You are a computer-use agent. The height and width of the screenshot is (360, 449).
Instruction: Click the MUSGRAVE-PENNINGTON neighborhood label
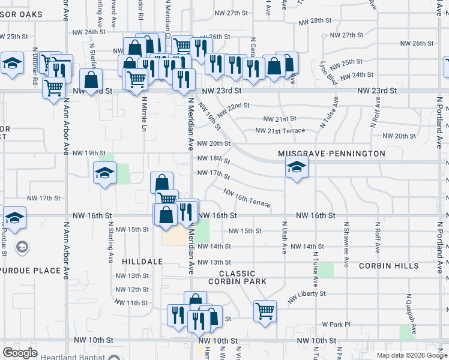coord(331,154)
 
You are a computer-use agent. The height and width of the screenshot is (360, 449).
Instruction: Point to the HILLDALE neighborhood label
coord(142,262)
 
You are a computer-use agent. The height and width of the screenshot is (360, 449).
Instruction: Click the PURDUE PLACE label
coord(30,271)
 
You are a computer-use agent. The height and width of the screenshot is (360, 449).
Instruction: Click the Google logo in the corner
coord(20,353)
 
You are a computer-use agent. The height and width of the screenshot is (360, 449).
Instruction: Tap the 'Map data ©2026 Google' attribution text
coord(411,355)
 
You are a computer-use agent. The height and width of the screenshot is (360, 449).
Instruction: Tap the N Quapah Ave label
coord(411,309)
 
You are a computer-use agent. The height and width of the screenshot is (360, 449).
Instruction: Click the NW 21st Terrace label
coord(280,130)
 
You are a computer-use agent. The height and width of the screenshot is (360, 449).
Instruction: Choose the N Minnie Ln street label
coord(144,114)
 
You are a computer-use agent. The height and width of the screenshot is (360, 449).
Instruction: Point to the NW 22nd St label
coord(233,110)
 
